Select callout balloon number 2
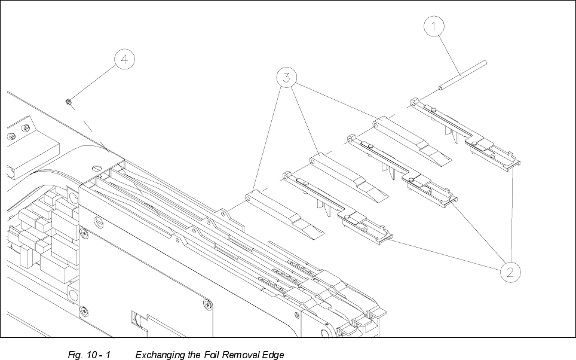(x=509, y=271)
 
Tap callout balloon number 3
(x=287, y=78)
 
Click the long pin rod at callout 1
(x=463, y=76)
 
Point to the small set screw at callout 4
(x=69, y=102)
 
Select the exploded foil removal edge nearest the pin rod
(x=466, y=132)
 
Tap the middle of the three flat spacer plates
(x=347, y=176)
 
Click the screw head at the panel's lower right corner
(x=207, y=304)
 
